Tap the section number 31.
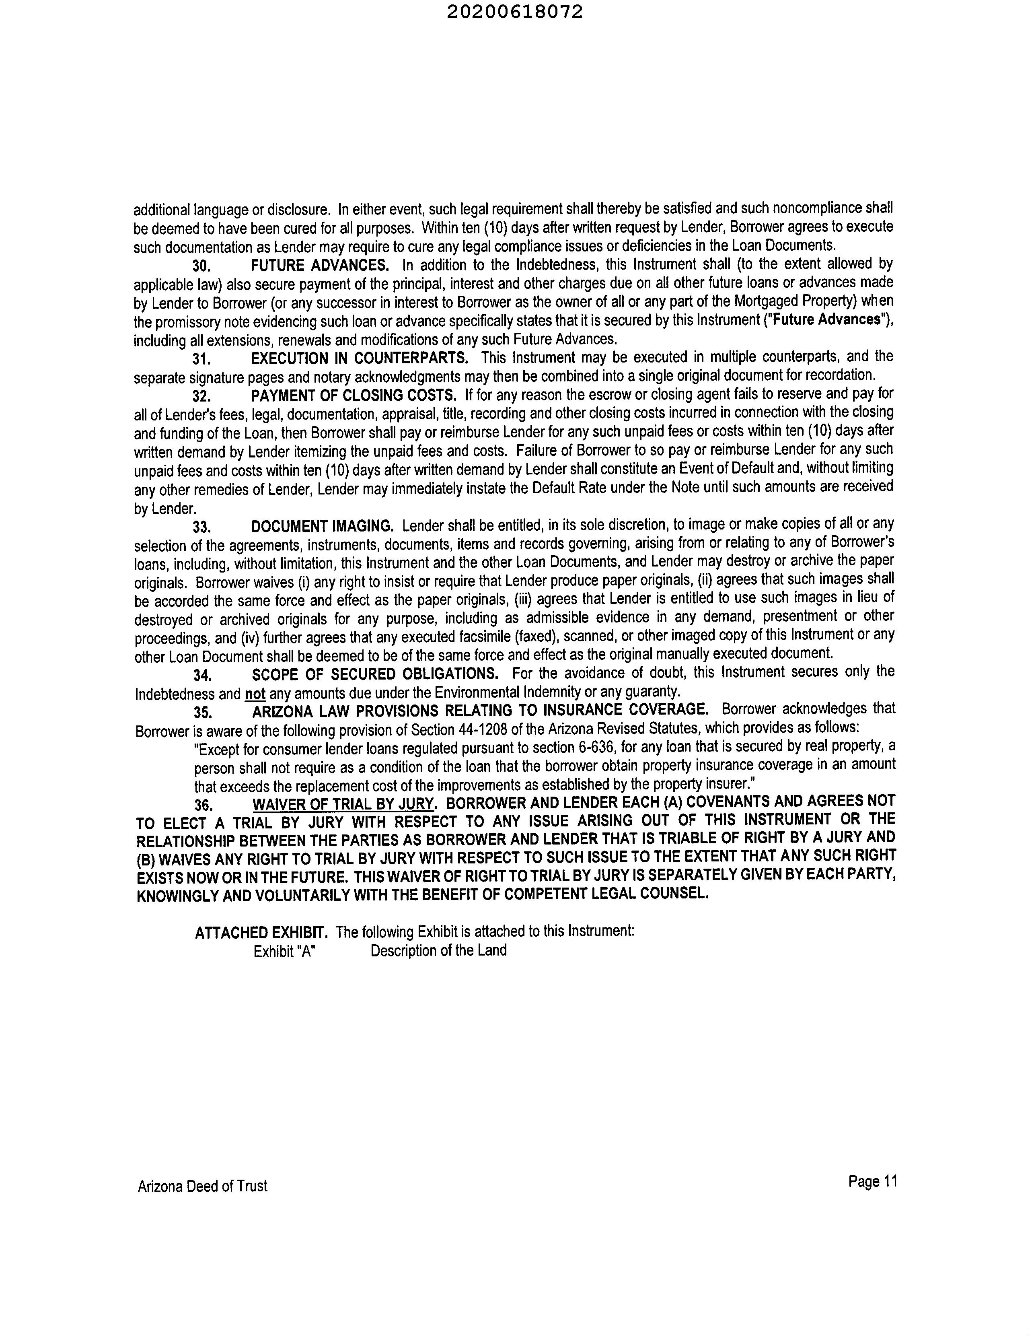(201, 359)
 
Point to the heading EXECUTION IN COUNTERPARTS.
(359, 358)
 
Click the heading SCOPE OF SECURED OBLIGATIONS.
(374, 674)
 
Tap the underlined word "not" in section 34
(255, 693)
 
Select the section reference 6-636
(592, 748)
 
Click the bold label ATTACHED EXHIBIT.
(261, 933)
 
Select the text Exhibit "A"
(284, 952)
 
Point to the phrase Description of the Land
(438, 951)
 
